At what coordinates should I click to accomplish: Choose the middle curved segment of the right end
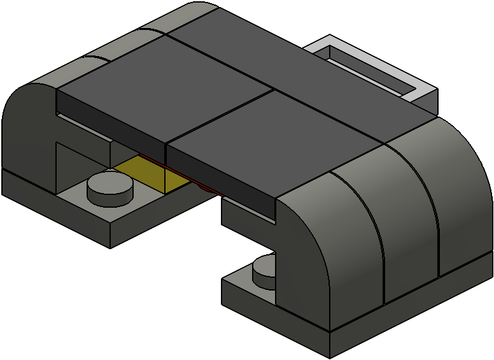coord(407,217)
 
